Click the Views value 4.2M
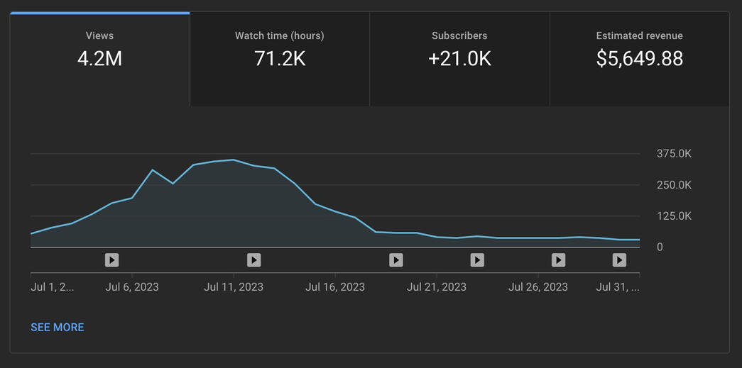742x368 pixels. [99, 58]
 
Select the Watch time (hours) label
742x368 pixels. [280, 35]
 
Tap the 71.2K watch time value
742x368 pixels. [280, 58]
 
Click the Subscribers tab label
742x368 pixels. [459, 35]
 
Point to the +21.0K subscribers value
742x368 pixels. [459, 58]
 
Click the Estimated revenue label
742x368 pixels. [639, 35]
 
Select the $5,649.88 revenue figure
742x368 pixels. [639, 58]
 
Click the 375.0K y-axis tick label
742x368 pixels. [674, 154]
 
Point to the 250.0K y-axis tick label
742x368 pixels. [674, 185]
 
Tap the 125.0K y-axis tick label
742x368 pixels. [674, 216]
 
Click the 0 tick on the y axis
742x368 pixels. [660, 247]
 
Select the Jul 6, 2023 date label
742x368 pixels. [132, 287]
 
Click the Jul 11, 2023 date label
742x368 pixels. [234, 287]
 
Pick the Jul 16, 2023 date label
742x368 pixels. [335, 287]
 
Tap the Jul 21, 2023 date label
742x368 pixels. [437, 287]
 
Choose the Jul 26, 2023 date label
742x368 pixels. [538, 287]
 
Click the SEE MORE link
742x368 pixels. [58, 327]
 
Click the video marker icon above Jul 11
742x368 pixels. [253, 260]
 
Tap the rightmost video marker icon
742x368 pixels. [619, 260]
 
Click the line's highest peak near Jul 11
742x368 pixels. [234, 160]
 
